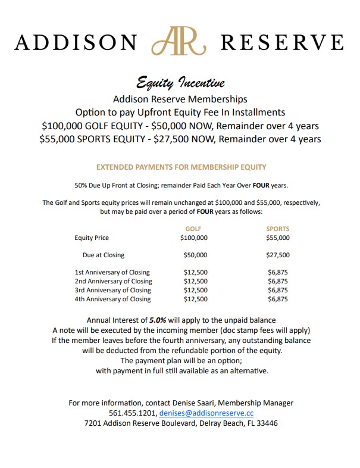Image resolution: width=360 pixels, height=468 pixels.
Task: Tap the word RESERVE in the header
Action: click(282, 43)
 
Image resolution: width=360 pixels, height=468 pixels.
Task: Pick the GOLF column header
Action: click(193, 228)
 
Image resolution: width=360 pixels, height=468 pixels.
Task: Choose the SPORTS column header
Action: click(278, 228)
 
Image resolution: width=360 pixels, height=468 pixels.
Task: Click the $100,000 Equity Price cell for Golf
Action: click(194, 238)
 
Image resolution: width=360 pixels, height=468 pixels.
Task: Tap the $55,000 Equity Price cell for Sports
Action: click(278, 238)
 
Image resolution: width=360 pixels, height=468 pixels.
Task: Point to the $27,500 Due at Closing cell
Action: click(278, 255)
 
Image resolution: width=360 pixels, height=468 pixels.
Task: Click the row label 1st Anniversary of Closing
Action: click(112, 272)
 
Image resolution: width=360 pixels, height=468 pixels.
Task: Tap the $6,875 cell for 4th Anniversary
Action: click(278, 299)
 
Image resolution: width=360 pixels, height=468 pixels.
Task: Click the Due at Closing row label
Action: click(104, 255)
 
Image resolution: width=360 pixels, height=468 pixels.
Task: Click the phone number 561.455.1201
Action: click(132, 413)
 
